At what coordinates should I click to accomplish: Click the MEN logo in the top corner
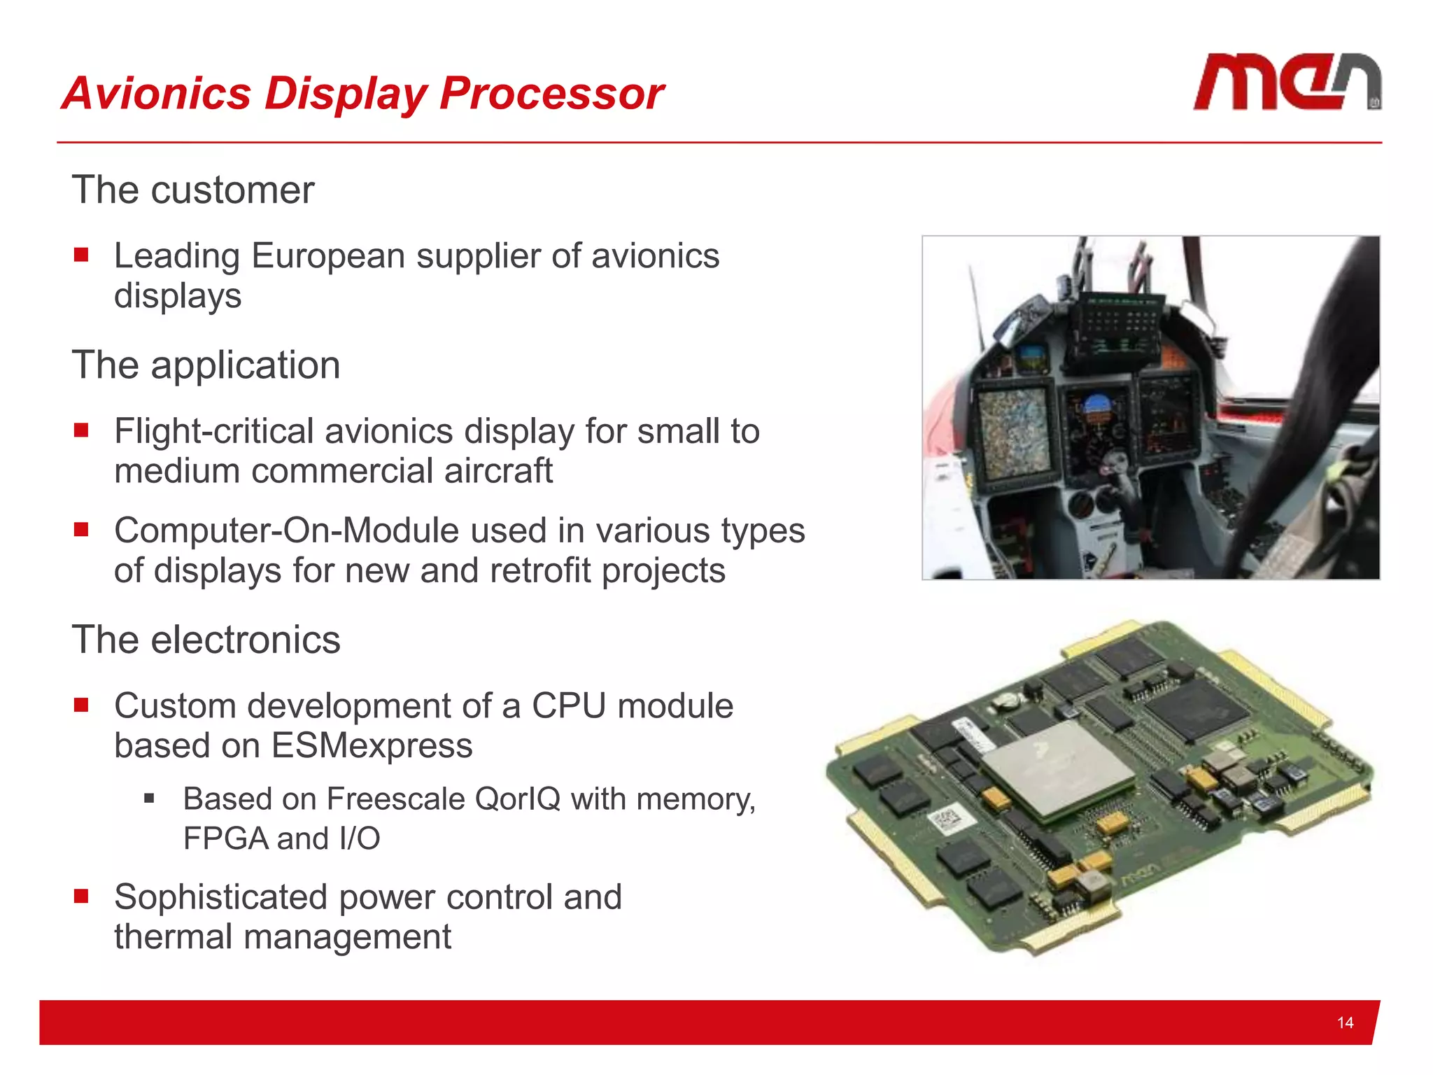1286,83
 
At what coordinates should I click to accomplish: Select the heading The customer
193,190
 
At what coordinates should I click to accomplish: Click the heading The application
206,365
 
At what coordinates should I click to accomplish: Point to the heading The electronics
206,640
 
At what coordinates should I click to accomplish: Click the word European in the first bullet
328,256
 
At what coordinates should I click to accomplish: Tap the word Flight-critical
213,431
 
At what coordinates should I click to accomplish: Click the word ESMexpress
372,745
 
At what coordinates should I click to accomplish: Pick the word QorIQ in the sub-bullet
517,799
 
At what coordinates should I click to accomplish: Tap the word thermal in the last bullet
173,936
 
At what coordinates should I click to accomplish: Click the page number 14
1344,1023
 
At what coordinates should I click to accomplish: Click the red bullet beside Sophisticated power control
81,897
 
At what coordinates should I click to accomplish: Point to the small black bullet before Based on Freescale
149,798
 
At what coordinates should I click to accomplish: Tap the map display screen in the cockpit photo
1013,430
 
